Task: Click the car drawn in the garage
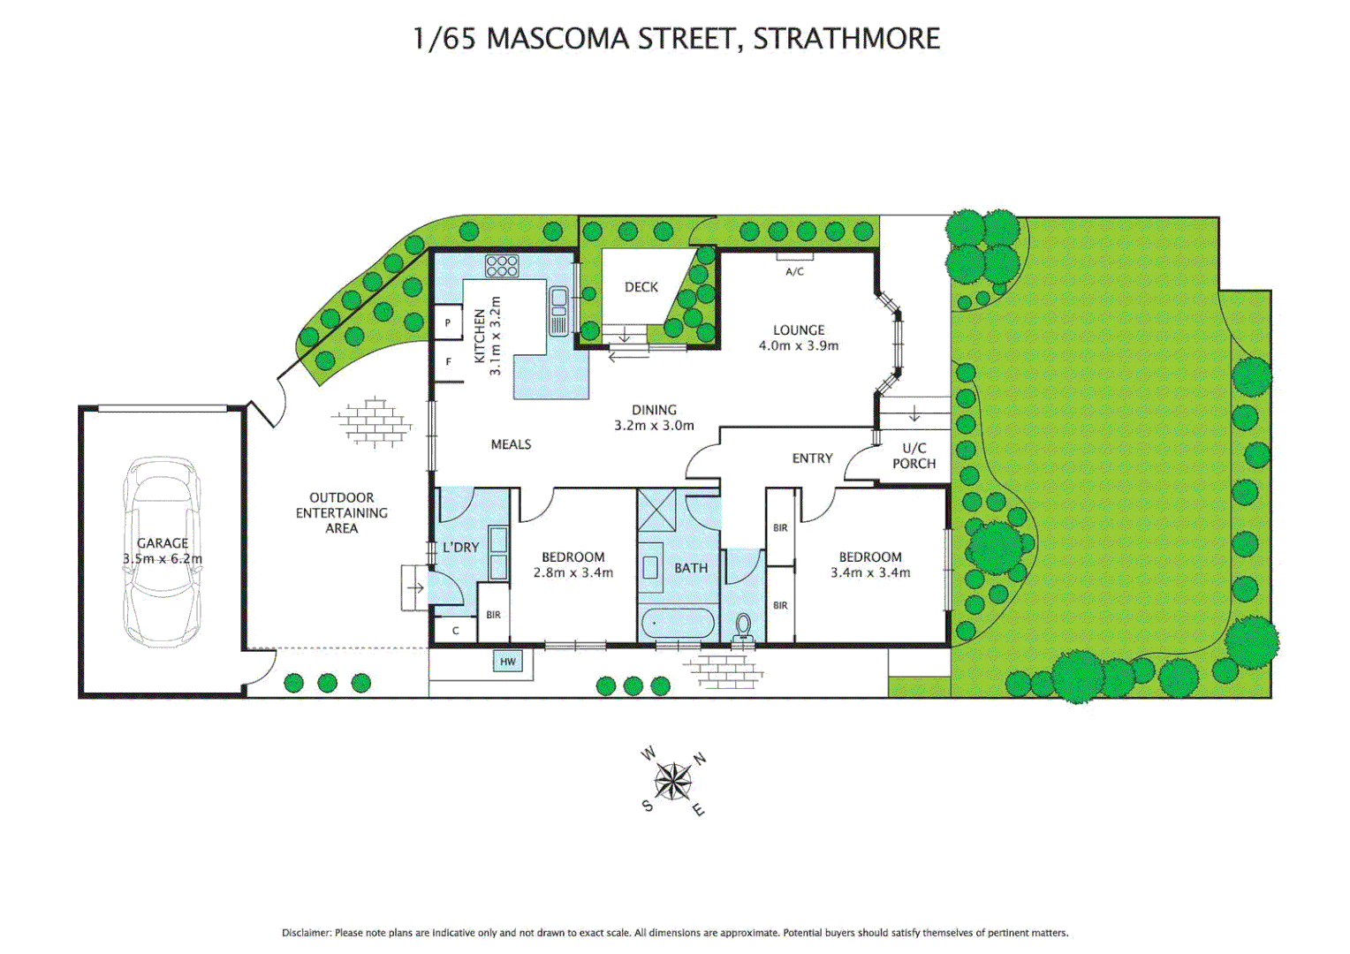[x=163, y=552]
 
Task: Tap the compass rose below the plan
[x=673, y=781]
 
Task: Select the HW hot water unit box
[x=508, y=662]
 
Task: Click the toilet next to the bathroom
[x=743, y=626]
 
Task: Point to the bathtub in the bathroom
[x=677, y=624]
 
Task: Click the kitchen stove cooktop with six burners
[x=501, y=265]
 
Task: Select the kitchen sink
[x=558, y=311]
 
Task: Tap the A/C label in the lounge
[x=794, y=271]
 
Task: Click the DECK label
[x=641, y=287]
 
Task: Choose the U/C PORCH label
[x=914, y=456]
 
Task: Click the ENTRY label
[x=812, y=458]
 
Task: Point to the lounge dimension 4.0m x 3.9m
[x=799, y=346]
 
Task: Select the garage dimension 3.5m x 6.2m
[x=163, y=559]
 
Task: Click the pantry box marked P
[x=448, y=323]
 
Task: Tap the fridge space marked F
[x=448, y=362]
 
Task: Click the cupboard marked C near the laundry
[x=456, y=631]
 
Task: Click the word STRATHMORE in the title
[x=846, y=39]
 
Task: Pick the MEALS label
[x=511, y=444]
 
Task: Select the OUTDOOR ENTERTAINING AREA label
[x=341, y=512]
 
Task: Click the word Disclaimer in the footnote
[x=306, y=933]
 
